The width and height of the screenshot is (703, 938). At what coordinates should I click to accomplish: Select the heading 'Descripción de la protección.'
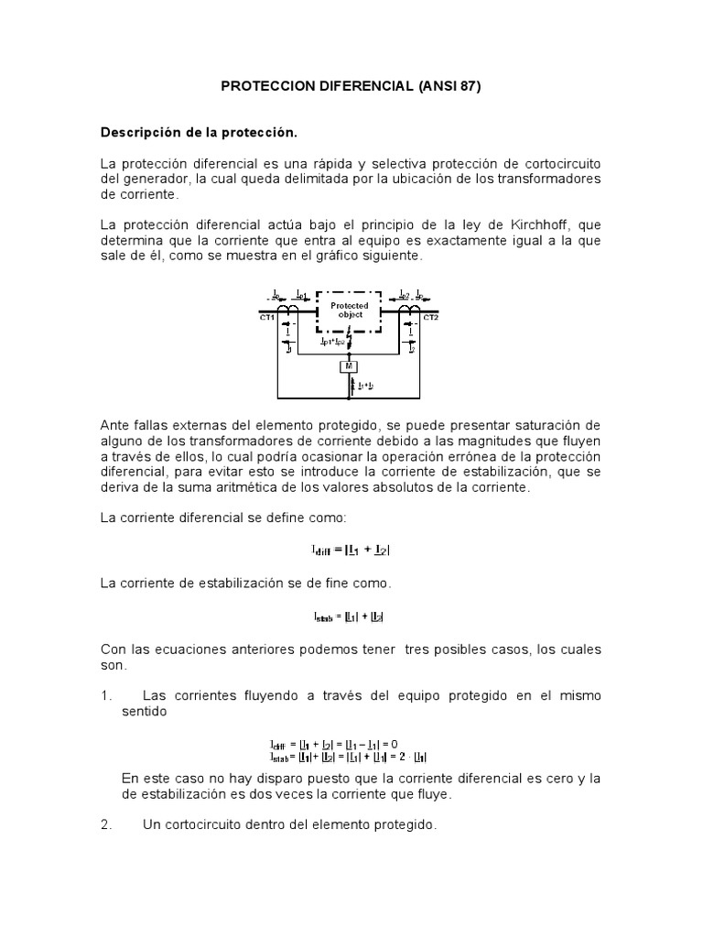[199, 133]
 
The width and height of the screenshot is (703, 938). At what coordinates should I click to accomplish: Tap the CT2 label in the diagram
[431, 318]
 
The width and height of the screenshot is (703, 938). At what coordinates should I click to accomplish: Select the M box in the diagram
[350, 366]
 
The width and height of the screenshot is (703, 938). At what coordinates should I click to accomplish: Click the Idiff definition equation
[351, 551]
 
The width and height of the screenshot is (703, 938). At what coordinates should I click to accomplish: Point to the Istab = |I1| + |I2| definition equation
[351, 616]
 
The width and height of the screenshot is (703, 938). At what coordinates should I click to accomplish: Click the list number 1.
[104, 696]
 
